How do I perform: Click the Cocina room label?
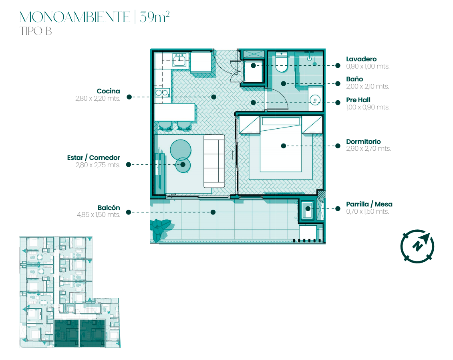[108, 91]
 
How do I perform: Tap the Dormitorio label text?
[363, 142]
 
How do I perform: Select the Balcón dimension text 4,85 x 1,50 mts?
[99, 215]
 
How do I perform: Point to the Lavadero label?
[361, 59]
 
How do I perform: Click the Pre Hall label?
[358, 100]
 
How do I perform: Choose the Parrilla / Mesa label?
[369, 204]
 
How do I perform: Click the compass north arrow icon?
[417, 247]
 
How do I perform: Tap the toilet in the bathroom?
[282, 62]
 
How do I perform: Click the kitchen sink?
[179, 60]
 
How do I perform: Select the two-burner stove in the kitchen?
[162, 93]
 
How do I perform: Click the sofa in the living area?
[214, 161]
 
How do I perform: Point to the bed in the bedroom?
[281, 144]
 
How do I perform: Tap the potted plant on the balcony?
[159, 229]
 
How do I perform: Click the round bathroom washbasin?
[315, 100]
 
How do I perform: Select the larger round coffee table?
[181, 150]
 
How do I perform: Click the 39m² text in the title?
[155, 17]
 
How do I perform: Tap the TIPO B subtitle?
[36, 31]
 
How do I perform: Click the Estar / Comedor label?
[94, 158]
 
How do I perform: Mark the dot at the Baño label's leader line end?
[338, 83]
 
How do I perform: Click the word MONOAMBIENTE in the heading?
[75, 17]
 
